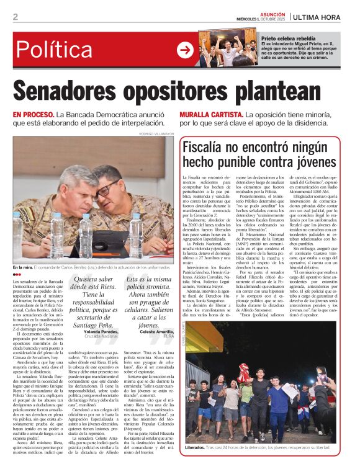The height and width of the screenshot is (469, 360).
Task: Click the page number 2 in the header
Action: [x=15, y=17]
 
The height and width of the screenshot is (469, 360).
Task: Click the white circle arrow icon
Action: [x=185, y=50]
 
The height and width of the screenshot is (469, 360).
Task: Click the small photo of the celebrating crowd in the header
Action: [x=229, y=48]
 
